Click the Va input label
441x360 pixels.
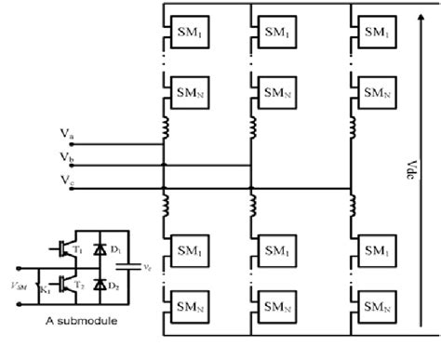point(65,136)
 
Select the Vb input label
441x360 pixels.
point(65,157)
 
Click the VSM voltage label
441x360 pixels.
point(16,273)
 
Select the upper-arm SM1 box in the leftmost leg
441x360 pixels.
point(180,32)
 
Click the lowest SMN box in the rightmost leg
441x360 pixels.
point(375,305)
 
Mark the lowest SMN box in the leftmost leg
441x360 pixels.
point(180,305)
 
